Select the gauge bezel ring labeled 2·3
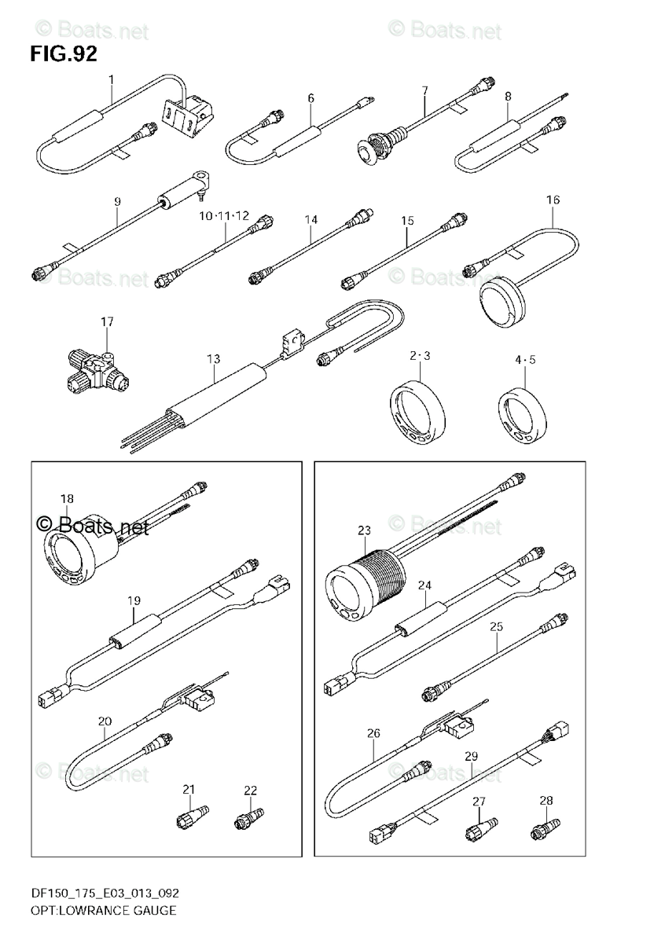[417, 412]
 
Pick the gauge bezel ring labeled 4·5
[520, 416]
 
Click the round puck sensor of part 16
[501, 299]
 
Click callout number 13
[214, 358]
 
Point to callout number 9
[117, 202]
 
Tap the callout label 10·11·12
[223, 215]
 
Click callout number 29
[471, 756]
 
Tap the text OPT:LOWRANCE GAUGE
[94, 911]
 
